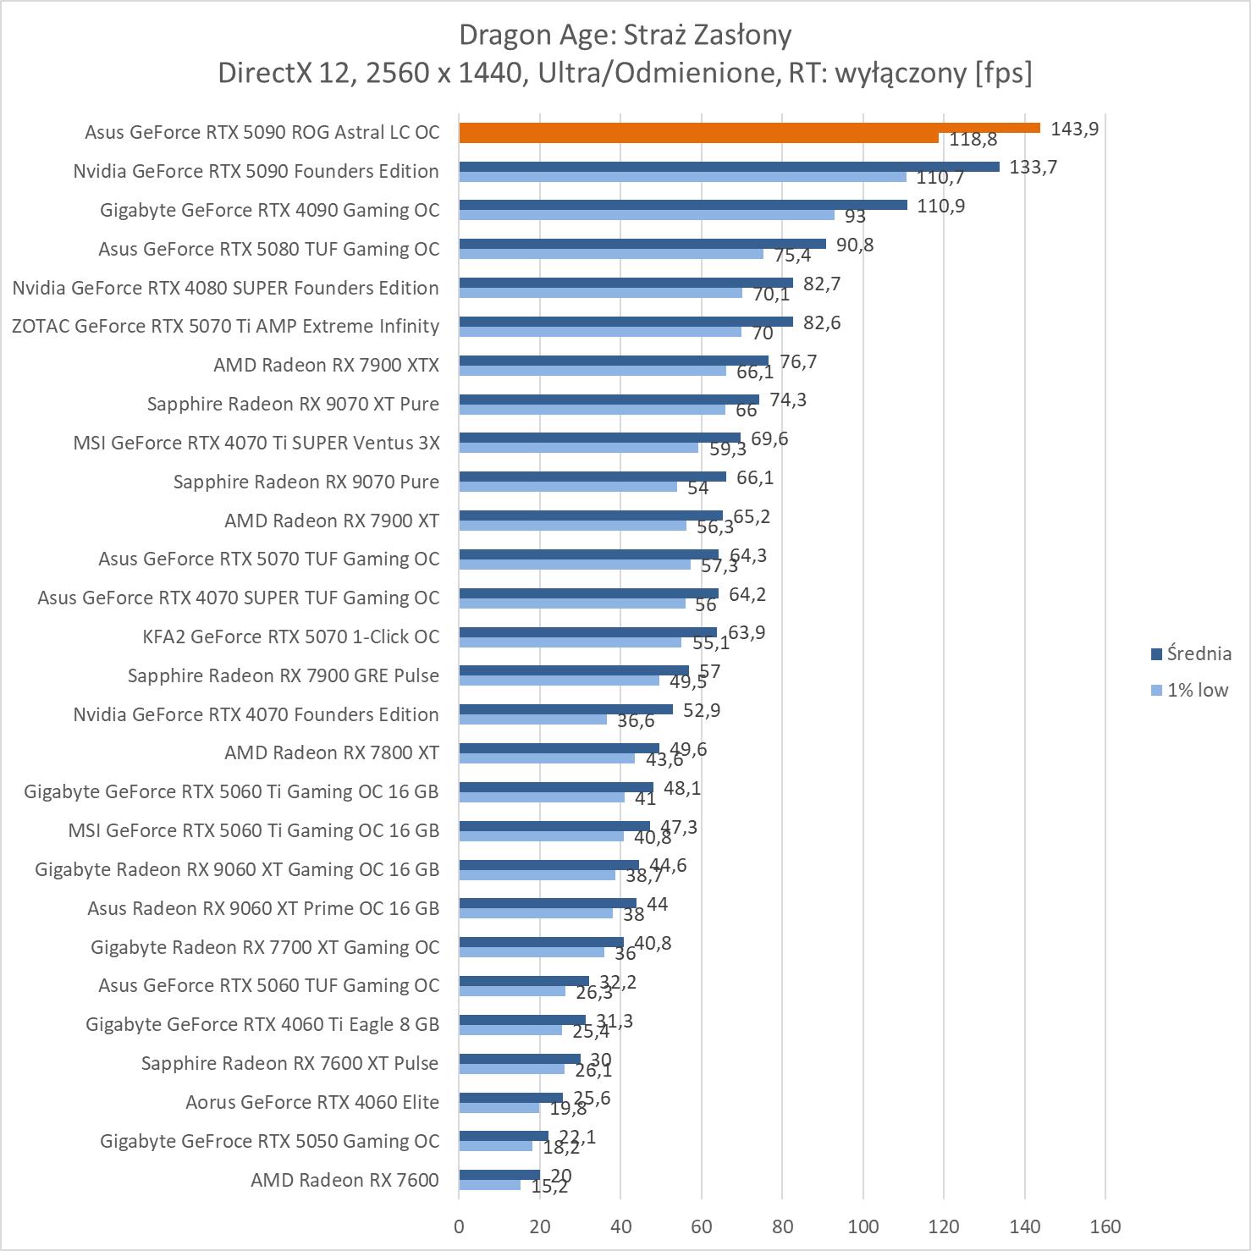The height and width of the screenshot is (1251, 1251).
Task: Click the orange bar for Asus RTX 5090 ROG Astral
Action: tap(749, 128)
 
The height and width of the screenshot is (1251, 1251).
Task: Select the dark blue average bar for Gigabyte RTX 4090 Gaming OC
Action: tap(682, 205)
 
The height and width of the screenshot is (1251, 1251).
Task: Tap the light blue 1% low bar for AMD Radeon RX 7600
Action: tap(489, 1185)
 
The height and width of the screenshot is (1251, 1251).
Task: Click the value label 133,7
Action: tap(1033, 167)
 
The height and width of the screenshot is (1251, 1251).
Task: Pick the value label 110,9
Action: tap(940, 206)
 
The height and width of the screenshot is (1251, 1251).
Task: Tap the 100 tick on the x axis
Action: tap(863, 1226)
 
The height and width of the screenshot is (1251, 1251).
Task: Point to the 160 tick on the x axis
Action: tap(1105, 1226)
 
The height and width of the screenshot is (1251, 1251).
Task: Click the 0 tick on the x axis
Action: tap(459, 1226)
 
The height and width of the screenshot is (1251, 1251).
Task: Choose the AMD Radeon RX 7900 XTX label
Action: tap(326, 365)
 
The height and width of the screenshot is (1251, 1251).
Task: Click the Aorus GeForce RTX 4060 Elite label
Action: tap(312, 1102)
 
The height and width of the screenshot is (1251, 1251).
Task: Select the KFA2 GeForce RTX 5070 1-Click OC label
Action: tap(291, 637)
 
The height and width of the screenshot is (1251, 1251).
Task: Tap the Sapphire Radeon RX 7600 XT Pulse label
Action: tap(289, 1063)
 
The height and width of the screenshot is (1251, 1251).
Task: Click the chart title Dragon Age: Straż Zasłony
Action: tap(625, 35)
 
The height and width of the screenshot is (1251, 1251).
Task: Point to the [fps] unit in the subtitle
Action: tap(1003, 74)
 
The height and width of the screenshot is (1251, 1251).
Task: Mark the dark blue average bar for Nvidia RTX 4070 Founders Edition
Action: tap(565, 709)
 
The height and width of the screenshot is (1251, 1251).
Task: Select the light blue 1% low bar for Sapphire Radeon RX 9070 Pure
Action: tap(568, 487)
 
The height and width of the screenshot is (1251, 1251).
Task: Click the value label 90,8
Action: tap(855, 245)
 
